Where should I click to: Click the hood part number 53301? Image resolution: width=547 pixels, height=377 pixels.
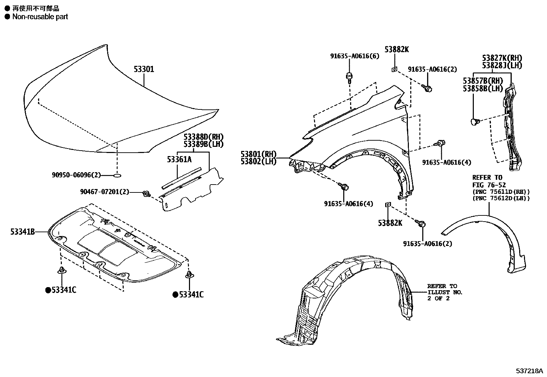[x=144, y=69]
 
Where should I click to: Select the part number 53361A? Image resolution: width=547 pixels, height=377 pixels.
[x=179, y=159]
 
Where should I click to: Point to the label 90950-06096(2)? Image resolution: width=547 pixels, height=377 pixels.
[x=77, y=175]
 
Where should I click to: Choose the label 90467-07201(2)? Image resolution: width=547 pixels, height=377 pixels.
[x=104, y=192]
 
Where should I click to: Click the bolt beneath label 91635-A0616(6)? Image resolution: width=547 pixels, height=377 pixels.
[x=349, y=77]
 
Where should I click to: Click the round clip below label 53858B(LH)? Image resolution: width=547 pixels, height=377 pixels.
[x=474, y=121]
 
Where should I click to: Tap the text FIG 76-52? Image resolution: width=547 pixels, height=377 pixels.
[x=489, y=185]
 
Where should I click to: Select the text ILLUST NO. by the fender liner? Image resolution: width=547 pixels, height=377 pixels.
[x=445, y=292]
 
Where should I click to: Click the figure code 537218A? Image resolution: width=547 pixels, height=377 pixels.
[x=529, y=371]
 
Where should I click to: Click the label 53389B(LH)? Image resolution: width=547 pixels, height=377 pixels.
[x=203, y=144]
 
